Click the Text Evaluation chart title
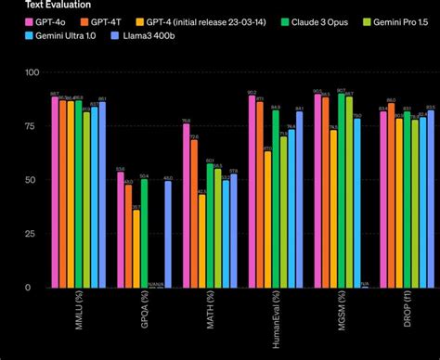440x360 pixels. (x=32, y=4)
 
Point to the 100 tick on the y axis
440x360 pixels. (x=32, y=72)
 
